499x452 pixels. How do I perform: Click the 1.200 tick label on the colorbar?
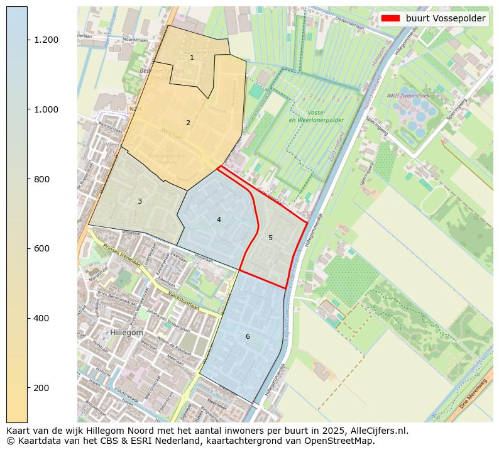pyautogui.click(x=47, y=40)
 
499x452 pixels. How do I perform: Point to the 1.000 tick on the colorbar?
pyautogui.click(x=47, y=109)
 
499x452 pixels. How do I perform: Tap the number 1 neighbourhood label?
pyautogui.click(x=192, y=58)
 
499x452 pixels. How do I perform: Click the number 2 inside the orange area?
pyautogui.click(x=188, y=123)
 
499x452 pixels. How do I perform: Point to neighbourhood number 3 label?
pyautogui.click(x=140, y=202)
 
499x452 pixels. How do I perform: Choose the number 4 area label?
pyautogui.click(x=219, y=219)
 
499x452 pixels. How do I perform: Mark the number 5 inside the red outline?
pyautogui.click(x=270, y=238)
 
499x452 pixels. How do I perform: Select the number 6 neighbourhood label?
pyautogui.click(x=248, y=337)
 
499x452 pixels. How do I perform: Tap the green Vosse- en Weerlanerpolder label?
pyautogui.click(x=308, y=116)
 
